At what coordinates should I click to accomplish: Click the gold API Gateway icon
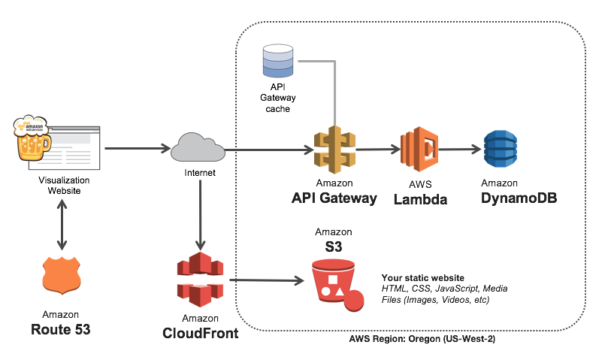334,150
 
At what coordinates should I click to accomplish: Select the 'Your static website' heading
422,277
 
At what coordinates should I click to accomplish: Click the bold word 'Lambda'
421,199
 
